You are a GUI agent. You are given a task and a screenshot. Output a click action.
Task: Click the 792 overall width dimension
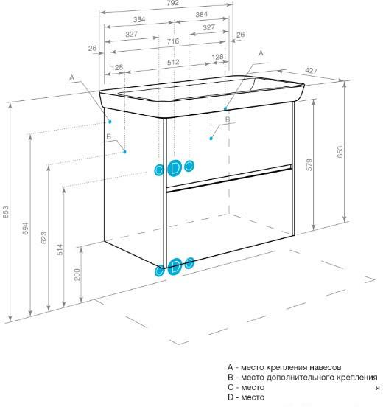173,3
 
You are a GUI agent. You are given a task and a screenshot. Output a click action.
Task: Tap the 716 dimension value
173,41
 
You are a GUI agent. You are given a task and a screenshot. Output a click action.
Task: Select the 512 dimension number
173,62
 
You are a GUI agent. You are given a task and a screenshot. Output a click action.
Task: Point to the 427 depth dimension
311,70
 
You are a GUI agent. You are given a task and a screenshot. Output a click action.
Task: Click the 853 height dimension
6,212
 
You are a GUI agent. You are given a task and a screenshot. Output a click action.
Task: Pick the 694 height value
26,229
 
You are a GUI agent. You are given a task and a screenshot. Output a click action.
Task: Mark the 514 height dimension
60,249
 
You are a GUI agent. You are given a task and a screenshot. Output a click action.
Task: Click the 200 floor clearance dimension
77,274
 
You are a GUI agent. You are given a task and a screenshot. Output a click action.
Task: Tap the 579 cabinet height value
309,165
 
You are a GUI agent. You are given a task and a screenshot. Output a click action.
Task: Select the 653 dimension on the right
340,152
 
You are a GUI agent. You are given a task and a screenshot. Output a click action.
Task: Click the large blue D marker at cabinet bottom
176,266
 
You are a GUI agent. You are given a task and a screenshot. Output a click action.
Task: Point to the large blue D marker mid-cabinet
175,168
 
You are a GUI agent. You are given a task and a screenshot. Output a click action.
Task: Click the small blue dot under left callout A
110,122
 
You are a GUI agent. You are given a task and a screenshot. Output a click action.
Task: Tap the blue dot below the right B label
211,139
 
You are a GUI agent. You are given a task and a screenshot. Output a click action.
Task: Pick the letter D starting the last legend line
231,397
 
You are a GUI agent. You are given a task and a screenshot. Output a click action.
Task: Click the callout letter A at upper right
261,53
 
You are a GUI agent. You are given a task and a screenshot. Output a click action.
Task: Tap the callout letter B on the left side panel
109,136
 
